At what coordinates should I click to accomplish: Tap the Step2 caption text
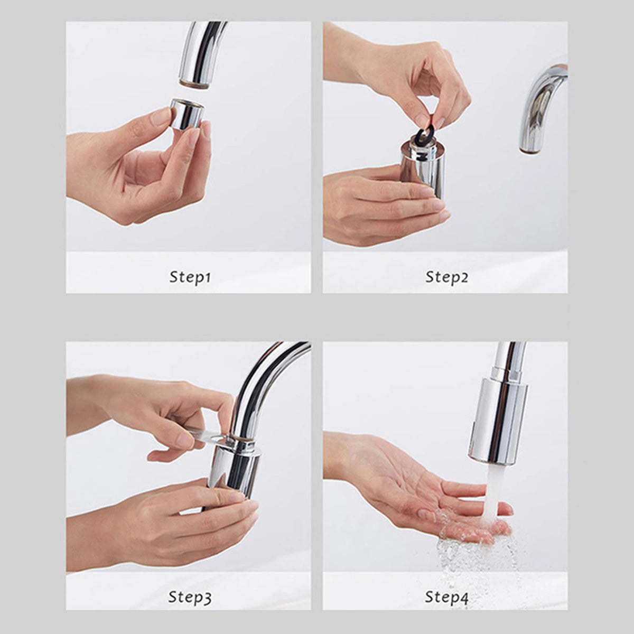(447, 277)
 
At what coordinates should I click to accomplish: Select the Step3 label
(190, 598)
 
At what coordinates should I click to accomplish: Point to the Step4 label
(447, 598)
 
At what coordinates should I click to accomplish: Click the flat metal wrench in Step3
(209, 436)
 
